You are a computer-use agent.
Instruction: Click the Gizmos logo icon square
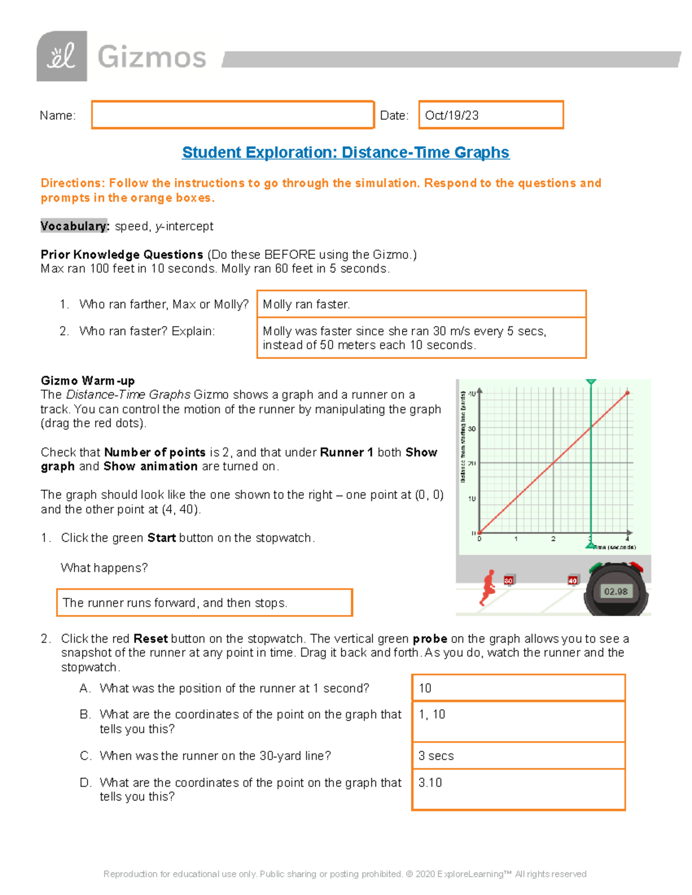pos(62,56)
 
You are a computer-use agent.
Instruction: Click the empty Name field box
pos(232,115)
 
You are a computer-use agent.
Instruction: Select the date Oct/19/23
pos(452,115)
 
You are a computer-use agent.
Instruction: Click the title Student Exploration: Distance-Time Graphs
pos(345,152)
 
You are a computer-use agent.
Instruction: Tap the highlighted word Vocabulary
pos(74,226)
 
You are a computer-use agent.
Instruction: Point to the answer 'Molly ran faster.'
pos(306,304)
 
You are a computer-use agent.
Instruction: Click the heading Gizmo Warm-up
pos(88,380)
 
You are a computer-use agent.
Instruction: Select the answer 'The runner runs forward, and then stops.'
pos(174,603)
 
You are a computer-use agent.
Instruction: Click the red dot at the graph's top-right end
pos(627,393)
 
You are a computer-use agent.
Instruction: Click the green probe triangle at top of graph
pos(591,382)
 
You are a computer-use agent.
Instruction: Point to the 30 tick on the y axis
pos(472,429)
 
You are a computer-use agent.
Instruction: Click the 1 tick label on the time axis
pos(516,539)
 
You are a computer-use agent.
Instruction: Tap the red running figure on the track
pos(488,587)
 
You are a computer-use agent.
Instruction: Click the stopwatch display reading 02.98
pos(615,591)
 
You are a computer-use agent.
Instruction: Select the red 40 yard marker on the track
pos(573,580)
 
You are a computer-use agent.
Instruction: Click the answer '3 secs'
pos(436,756)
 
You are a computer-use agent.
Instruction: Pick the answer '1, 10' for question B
pos(432,715)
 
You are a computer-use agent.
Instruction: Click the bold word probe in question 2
pos(430,639)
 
